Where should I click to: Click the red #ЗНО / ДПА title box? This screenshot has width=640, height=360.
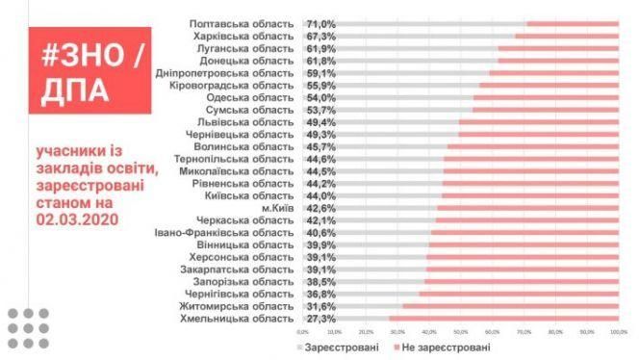82,72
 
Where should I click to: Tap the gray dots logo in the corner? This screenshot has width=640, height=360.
30,328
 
